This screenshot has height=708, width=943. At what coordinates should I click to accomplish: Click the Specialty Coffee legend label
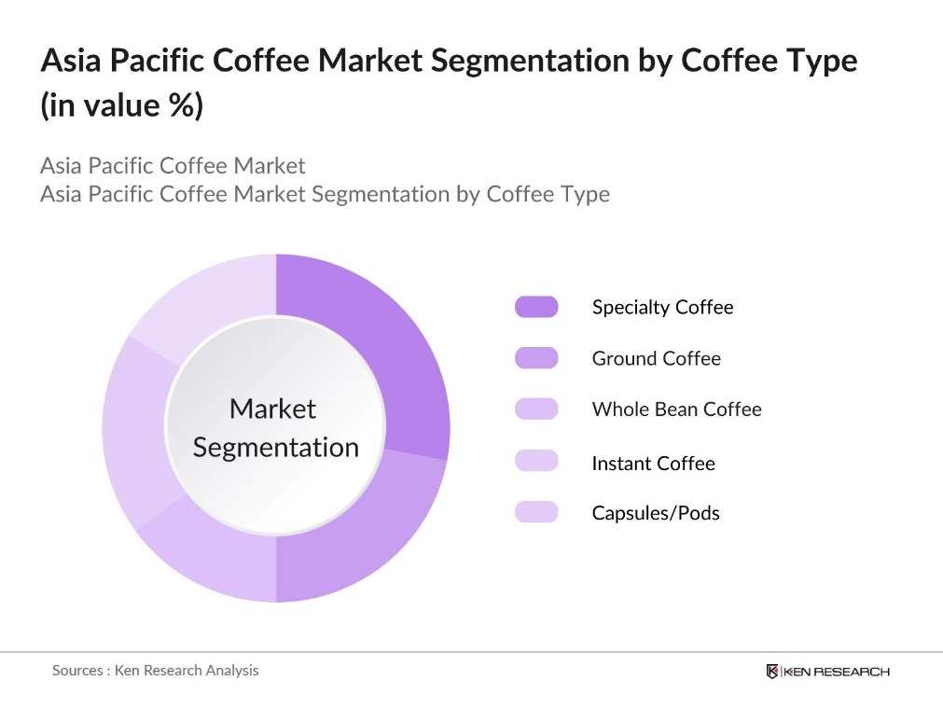(x=662, y=307)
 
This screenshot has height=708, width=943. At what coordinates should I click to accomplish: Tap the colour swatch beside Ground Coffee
(x=536, y=358)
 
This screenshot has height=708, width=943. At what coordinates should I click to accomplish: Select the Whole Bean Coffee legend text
(x=676, y=410)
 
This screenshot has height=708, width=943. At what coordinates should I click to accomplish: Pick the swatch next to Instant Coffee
(x=536, y=461)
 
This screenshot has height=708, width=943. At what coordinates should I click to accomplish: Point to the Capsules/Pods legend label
(x=656, y=512)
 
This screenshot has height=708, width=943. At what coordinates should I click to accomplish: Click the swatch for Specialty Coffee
(x=536, y=307)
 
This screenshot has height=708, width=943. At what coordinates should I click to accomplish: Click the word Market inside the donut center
(x=273, y=409)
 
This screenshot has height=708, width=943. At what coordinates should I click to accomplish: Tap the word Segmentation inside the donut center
(x=276, y=447)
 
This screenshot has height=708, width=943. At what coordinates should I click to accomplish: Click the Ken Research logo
(x=828, y=672)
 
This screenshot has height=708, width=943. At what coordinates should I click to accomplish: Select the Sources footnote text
(x=155, y=670)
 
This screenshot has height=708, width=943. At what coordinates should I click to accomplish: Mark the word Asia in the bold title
(x=71, y=61)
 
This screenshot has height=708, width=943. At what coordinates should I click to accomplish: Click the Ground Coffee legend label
(x=657, y=358)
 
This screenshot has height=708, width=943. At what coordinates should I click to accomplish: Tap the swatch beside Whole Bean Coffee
(x=536, y=410)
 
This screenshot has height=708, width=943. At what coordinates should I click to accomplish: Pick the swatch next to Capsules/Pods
(x=536, y=512)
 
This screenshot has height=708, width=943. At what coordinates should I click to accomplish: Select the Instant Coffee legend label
(x=653, y=463)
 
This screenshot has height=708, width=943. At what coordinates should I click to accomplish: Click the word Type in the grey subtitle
(x=585, y=194)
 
